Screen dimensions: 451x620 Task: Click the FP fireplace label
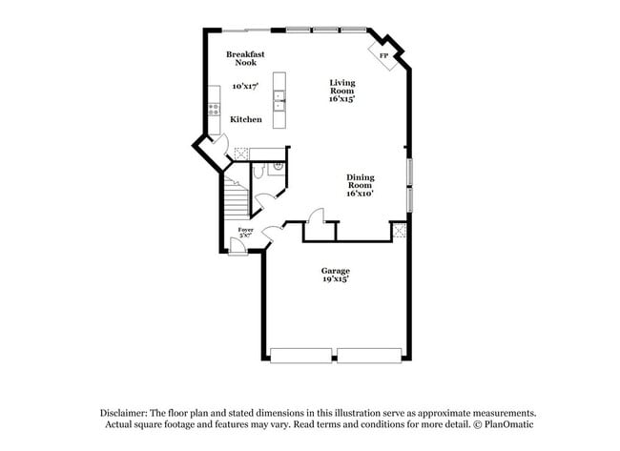383,56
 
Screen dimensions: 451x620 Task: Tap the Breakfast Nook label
245,58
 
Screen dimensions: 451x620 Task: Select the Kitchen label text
246,120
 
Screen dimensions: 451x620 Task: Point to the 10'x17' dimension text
245,87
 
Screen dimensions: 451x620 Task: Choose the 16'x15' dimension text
342,99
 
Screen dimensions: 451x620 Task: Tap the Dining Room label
360,180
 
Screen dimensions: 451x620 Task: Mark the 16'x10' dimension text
360,194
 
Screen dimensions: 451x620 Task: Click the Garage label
335,271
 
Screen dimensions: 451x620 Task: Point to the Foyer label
245,229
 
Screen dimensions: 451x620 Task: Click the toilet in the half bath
259,172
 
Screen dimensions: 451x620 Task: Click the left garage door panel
301,355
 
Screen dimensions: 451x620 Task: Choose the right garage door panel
369,355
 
